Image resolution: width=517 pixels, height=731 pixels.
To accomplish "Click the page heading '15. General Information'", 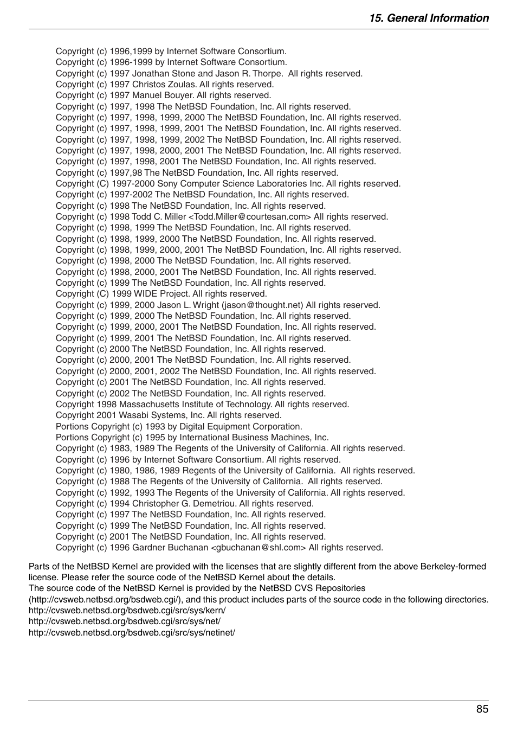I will click(x=429, y=18).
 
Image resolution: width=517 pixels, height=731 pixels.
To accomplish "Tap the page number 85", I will click(x=482, y=709).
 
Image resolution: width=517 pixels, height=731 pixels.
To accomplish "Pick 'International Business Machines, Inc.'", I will click(x=254, y=438).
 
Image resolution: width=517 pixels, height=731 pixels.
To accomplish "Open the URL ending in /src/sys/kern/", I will click(x=127, y=611).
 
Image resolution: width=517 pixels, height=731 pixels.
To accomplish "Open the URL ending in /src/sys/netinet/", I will click(x=132, y=633).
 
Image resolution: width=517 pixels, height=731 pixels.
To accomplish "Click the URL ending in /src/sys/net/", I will click(x=124, y=621).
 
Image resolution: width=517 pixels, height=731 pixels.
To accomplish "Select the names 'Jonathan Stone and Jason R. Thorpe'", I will click(x=208, y=74).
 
